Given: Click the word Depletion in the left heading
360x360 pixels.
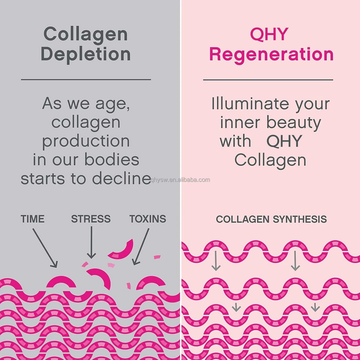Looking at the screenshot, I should [x=85, y=54].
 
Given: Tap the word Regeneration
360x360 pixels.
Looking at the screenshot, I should [x=271, y=54].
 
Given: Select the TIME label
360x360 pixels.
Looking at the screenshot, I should [x=33, y=219].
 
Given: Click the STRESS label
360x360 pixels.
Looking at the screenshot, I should [x=90, y=219].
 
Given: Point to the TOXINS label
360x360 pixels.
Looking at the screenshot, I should [x=148, y=219].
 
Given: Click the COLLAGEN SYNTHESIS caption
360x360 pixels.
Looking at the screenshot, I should [x=271, y=220].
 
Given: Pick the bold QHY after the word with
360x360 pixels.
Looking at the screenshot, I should [x=284, y=141].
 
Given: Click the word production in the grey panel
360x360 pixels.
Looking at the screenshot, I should [x=86, y=141].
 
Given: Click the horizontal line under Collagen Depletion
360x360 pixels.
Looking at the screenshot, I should [x=86, y=80].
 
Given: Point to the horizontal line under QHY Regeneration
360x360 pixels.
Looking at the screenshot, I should [x=268, y=80].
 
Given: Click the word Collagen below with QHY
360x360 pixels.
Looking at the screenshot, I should [x=270, y=160].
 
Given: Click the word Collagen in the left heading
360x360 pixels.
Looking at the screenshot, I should [x=85, y=34].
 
